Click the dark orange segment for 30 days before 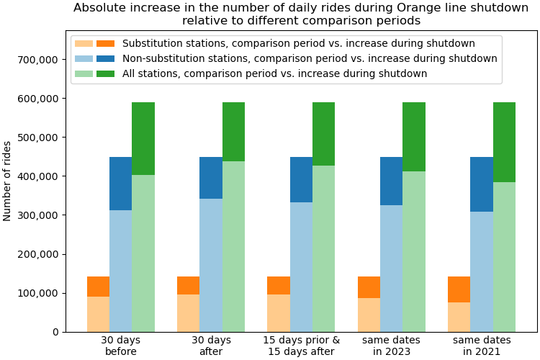(x=98, y=287)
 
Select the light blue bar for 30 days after (x=211, y=265)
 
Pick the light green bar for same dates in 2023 (x=414, y=251)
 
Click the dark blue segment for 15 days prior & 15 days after (x=301, y=179)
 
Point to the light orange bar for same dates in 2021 (x=459, y=317)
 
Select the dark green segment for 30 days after (x=233, y=132)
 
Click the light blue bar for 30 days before (x=120, y=271)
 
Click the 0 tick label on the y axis (x=55, y=332)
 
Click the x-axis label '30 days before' (x=120, y=346)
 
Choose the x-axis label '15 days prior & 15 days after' (x=301, y=346)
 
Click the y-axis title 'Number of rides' (x=8, y=181)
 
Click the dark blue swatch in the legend (x=105, y=58)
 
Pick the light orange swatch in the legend (x=84, y=43)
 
